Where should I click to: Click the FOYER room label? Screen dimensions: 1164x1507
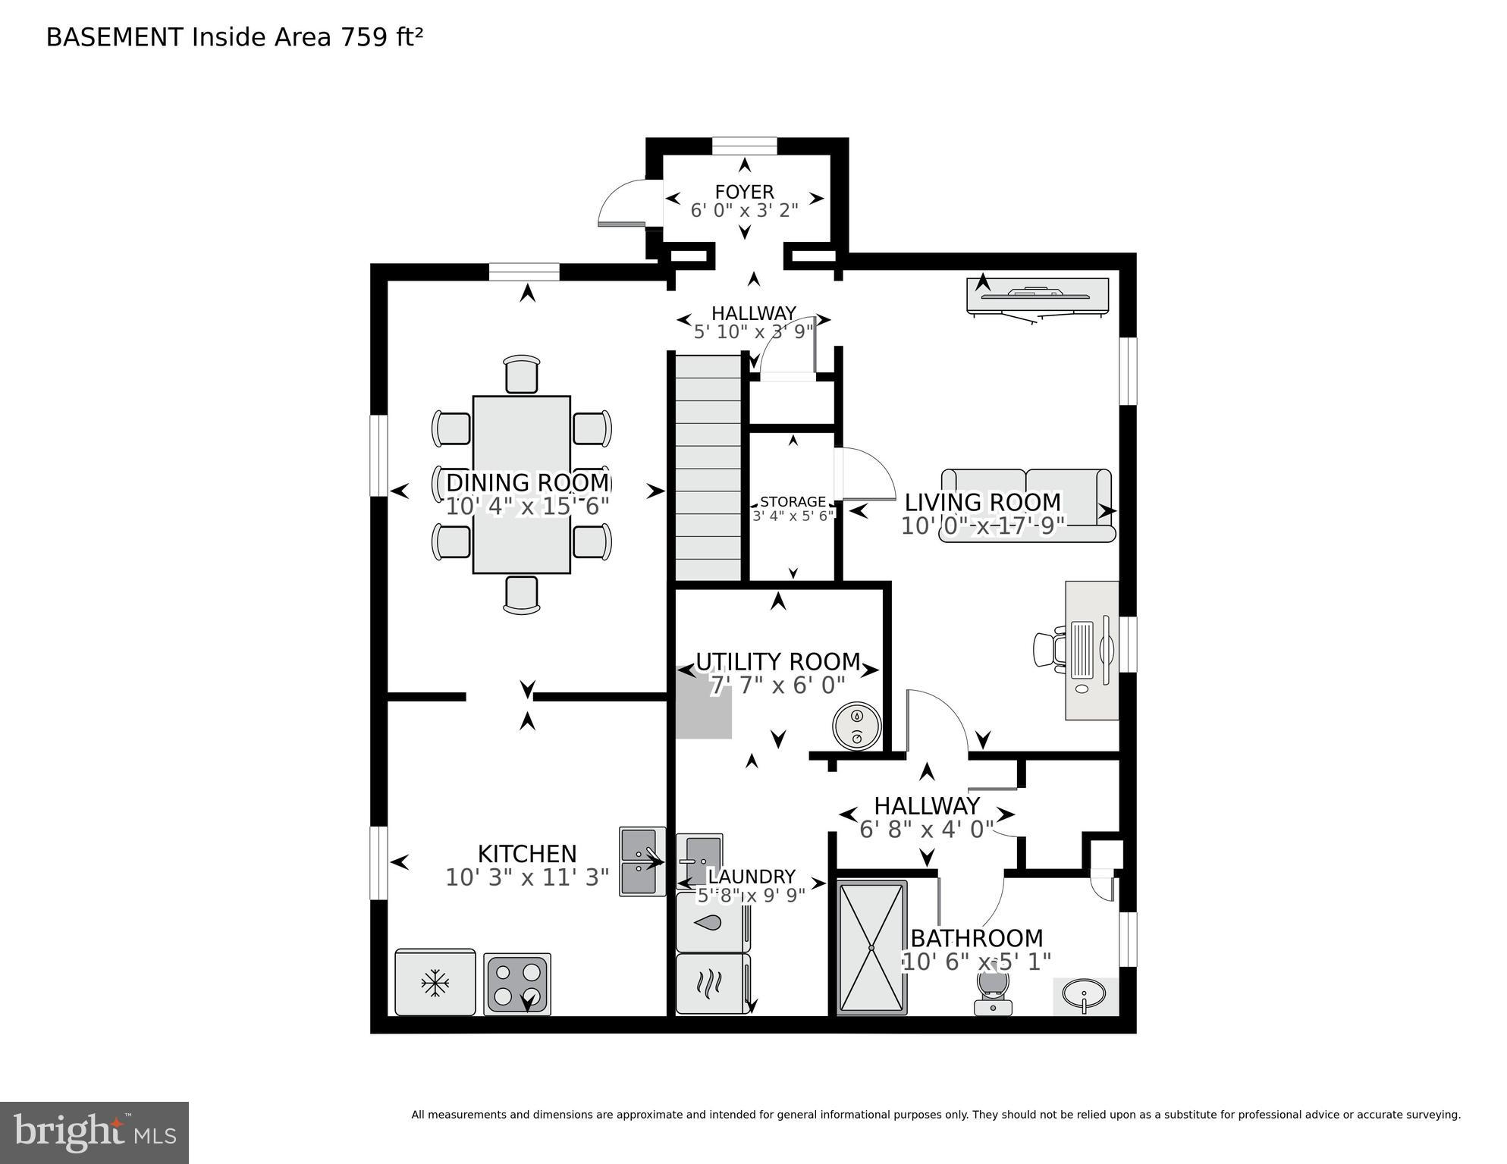[x=744, y=192]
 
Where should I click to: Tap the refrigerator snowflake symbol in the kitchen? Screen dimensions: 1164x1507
[x=435, y=984]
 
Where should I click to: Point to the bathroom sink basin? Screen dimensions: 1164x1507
[x=1085, y=993]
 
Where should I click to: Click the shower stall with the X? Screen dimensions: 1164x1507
[x=872, y=947]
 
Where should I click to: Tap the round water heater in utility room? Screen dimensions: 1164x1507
[x=856, y=727]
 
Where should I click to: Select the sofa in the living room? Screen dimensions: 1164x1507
[x=1027, y=505]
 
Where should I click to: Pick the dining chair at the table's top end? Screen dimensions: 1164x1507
[x=521, y=374]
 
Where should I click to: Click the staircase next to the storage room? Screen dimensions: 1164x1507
[x=708, y=468]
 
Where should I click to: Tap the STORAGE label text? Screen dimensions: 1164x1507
[x=793, y=501]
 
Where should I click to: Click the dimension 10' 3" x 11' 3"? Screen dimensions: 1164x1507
[x=527, y=877]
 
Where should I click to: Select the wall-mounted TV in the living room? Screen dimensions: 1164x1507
[x=1037, y=296]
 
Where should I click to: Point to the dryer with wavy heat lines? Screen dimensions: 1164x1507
[x=712, y=984]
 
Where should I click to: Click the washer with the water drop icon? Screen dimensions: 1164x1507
[x=712, y=922]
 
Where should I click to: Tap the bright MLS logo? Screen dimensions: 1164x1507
[x=94, y=1132]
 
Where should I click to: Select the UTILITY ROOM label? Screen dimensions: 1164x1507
[x=777, y=661]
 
